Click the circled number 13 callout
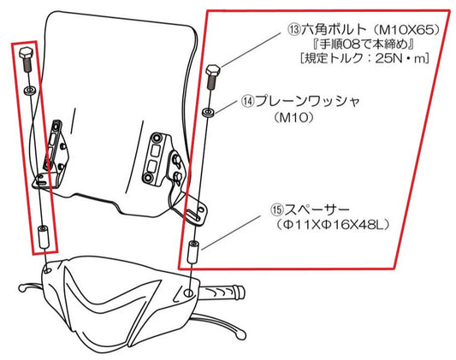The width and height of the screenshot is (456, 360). pos(294,29)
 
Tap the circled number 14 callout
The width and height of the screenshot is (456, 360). pos(249,102)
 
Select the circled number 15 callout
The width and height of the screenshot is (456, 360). pos(277,210)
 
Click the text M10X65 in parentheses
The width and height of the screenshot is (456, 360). pos(406,30)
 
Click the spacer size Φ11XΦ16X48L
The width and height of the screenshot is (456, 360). pos(334,225)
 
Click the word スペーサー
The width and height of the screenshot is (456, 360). pos(317,210)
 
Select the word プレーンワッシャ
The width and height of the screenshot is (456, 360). pos(308,102)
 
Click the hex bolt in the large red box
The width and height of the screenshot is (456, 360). pos(213,76)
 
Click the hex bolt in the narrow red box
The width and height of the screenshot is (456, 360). pos(27,59)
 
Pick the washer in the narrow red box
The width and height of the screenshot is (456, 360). pos(30,91)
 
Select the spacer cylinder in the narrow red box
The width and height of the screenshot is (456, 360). pos(44,236)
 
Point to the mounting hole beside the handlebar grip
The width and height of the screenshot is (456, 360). pos(189,292)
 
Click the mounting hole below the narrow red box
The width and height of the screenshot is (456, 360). pos(47,270)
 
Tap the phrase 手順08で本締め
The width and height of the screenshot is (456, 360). pos(364,44)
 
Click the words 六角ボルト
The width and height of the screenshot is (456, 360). pos(334,29)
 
